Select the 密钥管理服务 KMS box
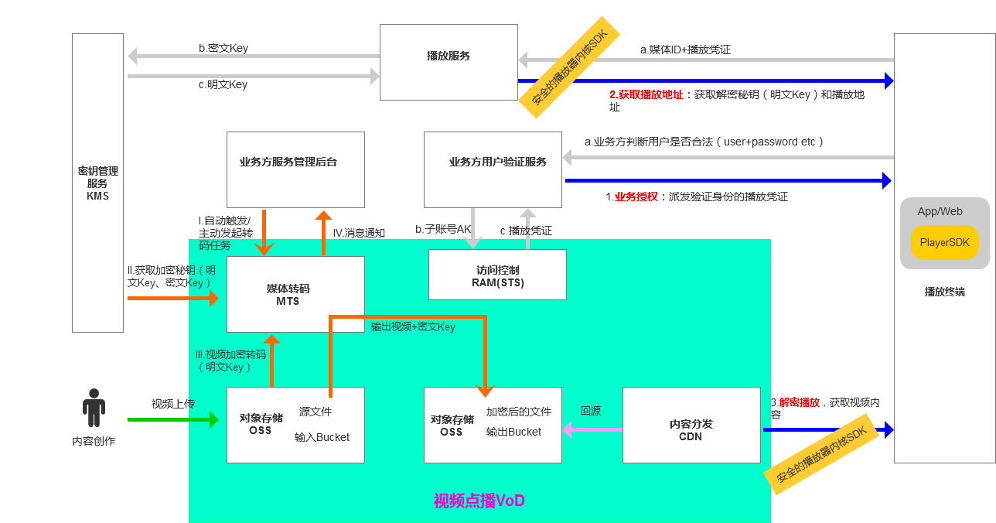pos(97,183)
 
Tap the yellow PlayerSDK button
pos(944,243)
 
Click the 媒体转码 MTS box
pos(295,294)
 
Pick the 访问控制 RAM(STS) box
pos(497,275)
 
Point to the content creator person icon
pos(94,408)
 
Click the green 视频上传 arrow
pos(172,420)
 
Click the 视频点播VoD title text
pos(479,501)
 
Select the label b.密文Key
pos(223,48)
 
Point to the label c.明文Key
pos(223,84)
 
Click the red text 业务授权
pos(636,197)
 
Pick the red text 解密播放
pos(799,402)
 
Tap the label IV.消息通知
pos(359,233)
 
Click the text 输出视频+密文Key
pos(413,326)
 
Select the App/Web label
pos(940,211)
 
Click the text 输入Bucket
pos(322,437)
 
